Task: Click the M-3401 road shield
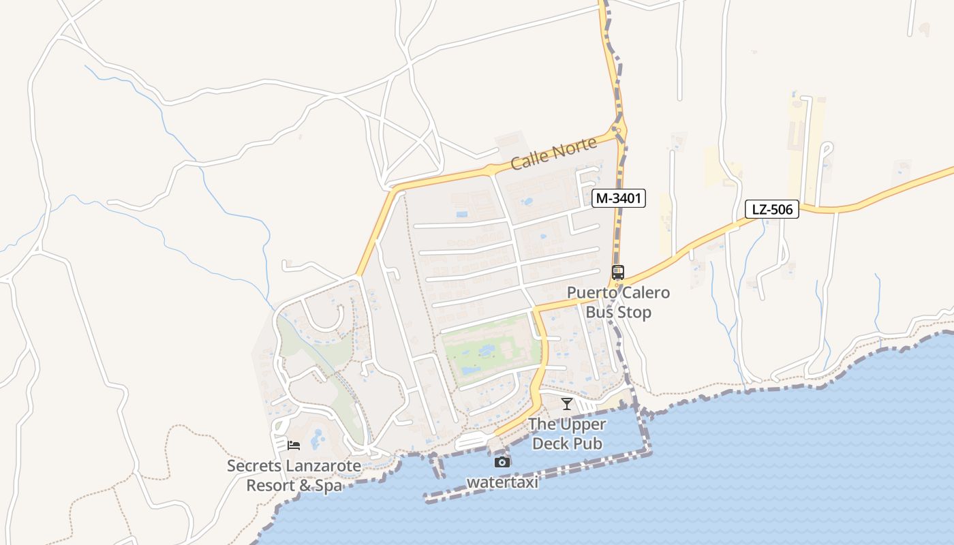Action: pos(618,198)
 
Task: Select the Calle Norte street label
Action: pos(553,154)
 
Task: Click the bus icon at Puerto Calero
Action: pos(618,272)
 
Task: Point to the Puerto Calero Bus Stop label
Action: pos(619,302)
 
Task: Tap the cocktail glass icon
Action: pos(567,404)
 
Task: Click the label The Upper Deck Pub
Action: pos(567,434)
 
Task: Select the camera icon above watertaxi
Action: pos(502,462)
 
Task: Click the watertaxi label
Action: pos(502,482)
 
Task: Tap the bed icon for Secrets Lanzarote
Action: pos(294,445)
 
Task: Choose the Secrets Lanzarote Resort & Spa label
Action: pos(294,476)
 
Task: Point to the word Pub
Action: pos(588,443)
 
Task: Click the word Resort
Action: pos(268,486)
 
